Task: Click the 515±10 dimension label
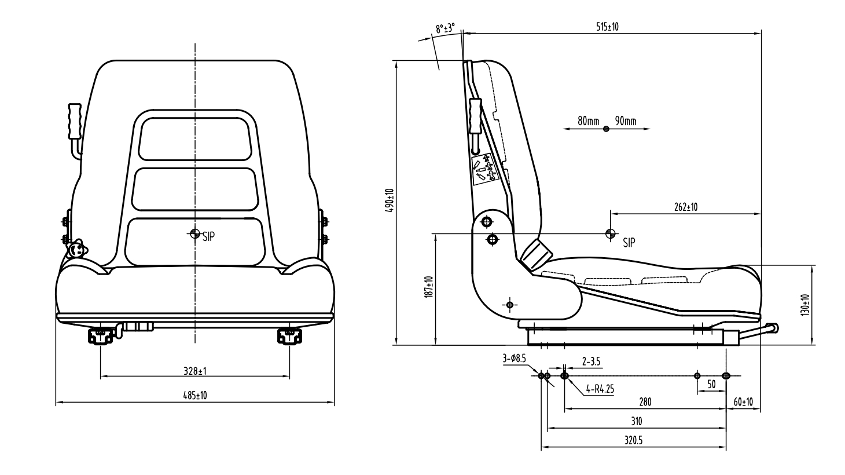click(x=608, y=27)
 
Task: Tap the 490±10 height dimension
click(x=390, y=200)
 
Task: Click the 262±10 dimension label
click(x=686, y=207)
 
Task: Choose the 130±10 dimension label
click(x=806, y=304)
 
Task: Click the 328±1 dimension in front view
click(x=194, y=370)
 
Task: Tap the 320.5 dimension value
click(x=634, y=440)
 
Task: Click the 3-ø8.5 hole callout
click(x=514, y=359)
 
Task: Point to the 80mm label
click(x=589, y=121)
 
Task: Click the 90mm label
click(x=626, y=121)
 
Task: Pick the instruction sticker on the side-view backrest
click(x=484, y=169)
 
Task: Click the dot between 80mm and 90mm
click(x=606, y=129)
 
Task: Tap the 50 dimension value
click(x=711, y=384)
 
